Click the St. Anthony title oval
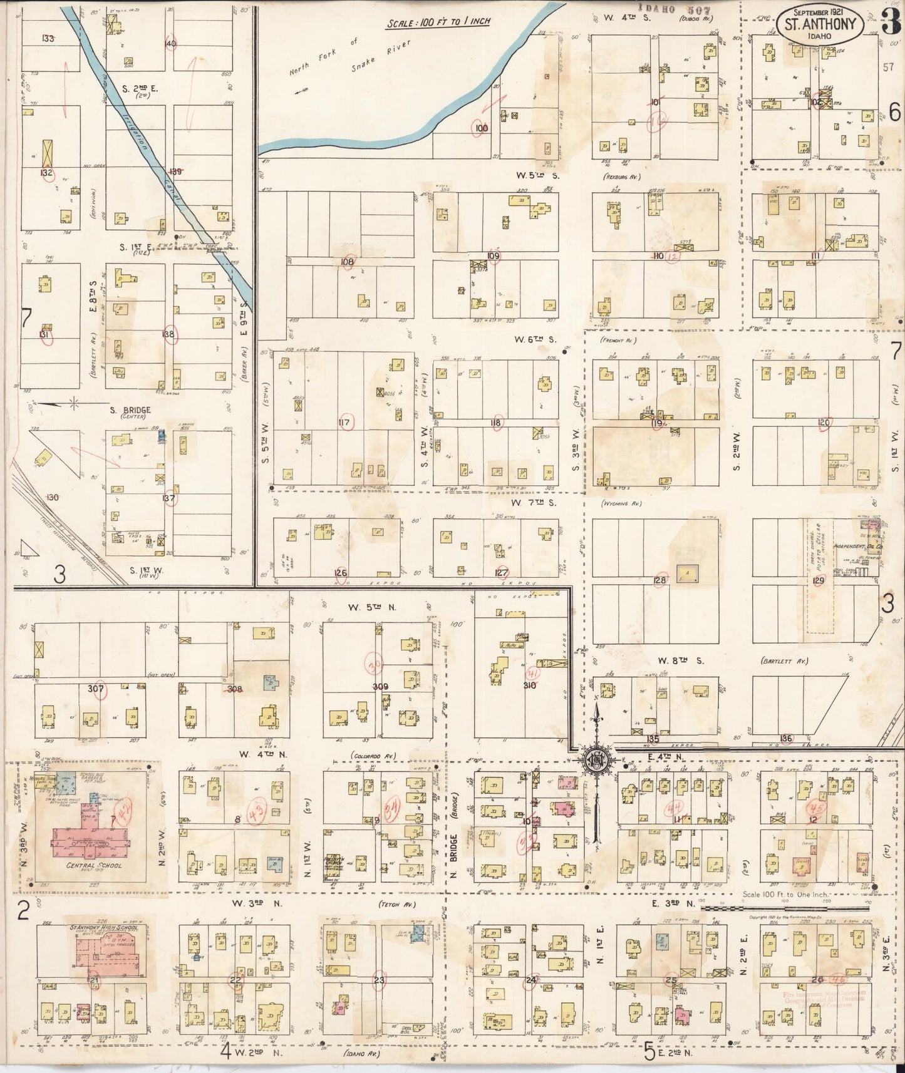click(x=820, y=24)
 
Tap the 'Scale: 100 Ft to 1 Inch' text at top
click(x=438, y=22)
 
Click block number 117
click(x=344, y=423)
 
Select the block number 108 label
click(x=347, y=262)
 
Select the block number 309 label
click(x=380, y=687)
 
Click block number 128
click(x=659, y=581)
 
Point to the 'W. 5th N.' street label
click(x=372, y=607)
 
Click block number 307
click(x=95, y=689)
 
